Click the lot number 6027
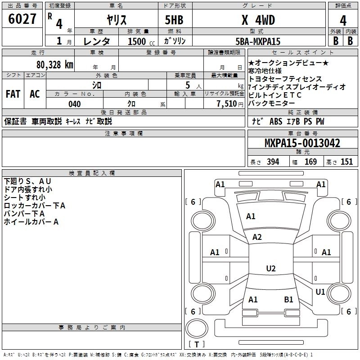[x=22, y=19]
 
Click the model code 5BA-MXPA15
[x=258, y=41]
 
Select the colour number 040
[x=75, y=104]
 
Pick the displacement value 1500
[x=136, y=41]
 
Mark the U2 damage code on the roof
[x=270, y=269]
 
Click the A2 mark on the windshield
[x=257, y=237]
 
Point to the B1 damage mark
[x=288, y=299]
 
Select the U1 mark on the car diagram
[x=320, y=292]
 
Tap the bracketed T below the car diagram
[x=197, y=344]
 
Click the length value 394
[x=273, y=162]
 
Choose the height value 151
[x=346, y=162]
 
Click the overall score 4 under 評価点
[x=343, y=20]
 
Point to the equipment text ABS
[x=275, y=121]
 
